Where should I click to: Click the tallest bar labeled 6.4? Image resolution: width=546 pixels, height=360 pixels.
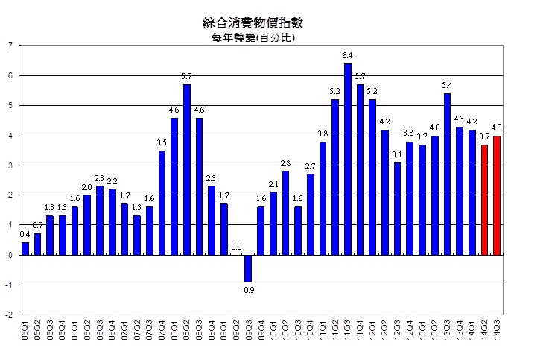pyautogui.click(x=348, y=159)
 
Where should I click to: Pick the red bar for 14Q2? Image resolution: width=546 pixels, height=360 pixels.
pyautogui.click(x=484, y=199)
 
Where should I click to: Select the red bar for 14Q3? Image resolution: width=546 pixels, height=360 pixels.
pyautogui.click(x=497, y=195)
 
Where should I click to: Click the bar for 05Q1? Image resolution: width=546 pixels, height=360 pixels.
pyautogui.click(x=25, y=248)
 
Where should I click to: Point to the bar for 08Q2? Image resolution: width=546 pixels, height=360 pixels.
pyautogui.click(x=186, y=169)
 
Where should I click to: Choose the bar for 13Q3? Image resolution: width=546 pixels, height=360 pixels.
pyautogui.click(x=447, y=174)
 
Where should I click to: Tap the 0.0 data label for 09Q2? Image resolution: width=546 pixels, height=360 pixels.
pyautogui.click(x=236, y=247)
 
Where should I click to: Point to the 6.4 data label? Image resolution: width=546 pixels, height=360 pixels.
pyautogui.click(x=348, y=56)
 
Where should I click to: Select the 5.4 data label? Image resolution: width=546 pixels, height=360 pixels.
pyautogui.click(x=447, y=86)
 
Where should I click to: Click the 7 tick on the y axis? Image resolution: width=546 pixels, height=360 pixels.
pyautogui.click(x=10, y=45)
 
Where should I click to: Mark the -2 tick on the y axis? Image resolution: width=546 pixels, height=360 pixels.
pyautogui.click(x=9, y=315)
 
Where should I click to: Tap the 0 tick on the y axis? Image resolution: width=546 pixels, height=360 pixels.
pyautogui.click(x=10, y=255)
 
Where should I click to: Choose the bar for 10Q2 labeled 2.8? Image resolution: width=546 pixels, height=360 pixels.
pyautogui.click(x=285, y=212)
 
